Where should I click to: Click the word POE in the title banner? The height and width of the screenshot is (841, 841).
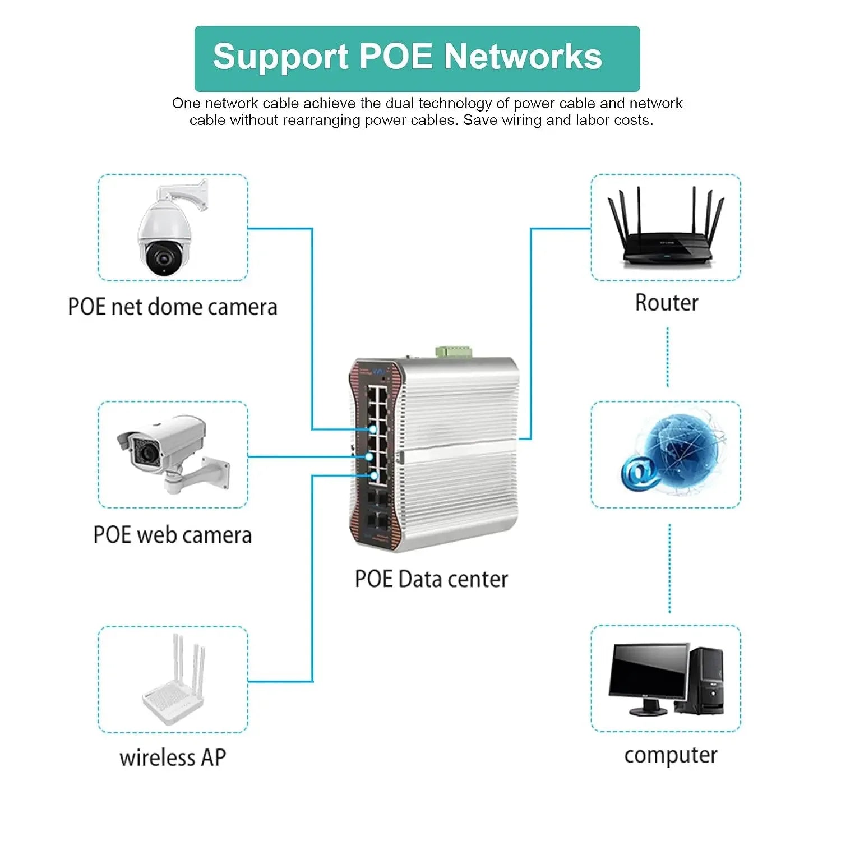395,57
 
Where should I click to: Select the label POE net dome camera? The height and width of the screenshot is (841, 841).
172,307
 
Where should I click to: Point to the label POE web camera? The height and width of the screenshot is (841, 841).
172,535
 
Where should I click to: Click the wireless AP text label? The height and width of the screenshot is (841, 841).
172,757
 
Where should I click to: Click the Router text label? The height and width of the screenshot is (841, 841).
667,303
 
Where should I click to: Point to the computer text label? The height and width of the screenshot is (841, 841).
670,755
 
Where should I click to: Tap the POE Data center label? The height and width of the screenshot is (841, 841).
431,579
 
